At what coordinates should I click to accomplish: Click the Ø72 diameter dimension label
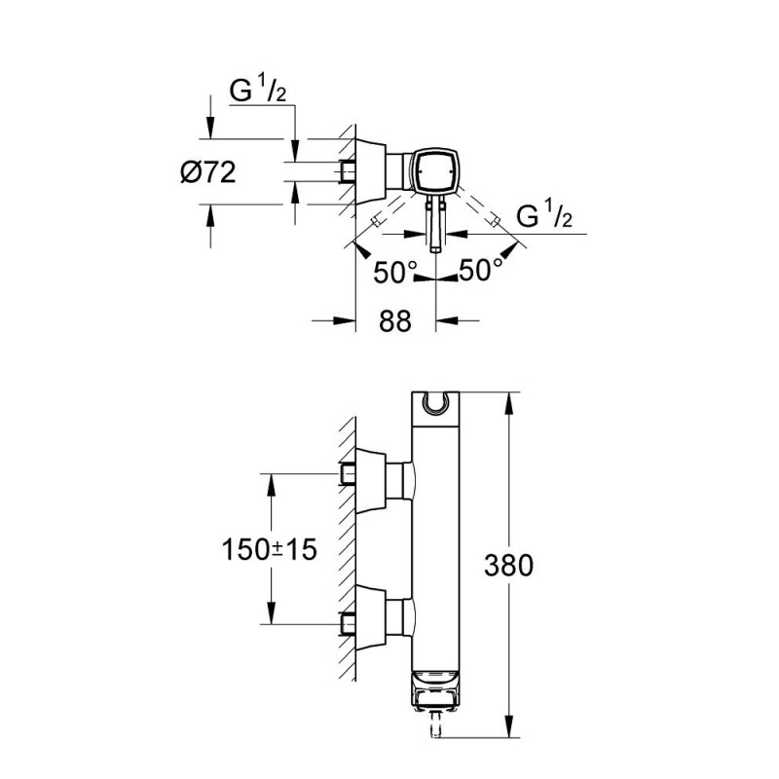coord(207,174)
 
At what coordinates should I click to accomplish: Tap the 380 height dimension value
coord(509,566)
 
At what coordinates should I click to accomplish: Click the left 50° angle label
coord(395,272)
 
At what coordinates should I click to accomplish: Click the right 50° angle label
coord(481,272)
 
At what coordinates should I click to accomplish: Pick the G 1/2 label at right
coord(542,216)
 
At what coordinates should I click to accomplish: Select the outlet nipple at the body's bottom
coord(433,726)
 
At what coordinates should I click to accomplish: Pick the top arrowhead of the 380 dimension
coord(508,400)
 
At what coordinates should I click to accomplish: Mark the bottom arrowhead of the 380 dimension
coord(508,731)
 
